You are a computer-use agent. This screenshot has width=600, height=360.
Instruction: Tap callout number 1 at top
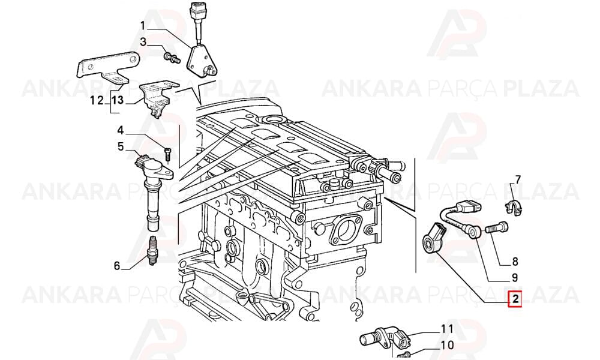point(143,26)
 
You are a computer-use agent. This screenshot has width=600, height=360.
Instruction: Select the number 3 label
point(143,42)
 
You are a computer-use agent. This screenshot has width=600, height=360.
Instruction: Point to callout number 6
point(117,265)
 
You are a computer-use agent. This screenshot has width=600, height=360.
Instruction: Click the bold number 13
point(118,100)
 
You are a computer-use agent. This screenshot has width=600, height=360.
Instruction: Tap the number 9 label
point(515,277)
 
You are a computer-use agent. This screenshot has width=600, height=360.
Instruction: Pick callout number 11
point(447,329)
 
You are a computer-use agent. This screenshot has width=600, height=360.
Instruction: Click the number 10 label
point(447,345)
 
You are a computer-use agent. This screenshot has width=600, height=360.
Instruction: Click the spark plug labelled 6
point(153,252)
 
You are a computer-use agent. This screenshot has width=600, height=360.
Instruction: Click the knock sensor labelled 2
point(433,236)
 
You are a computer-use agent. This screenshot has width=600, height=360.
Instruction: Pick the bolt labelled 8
point(497,228)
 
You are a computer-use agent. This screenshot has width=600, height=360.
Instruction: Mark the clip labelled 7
point(513,208)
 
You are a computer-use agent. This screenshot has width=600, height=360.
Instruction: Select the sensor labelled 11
point(386,338)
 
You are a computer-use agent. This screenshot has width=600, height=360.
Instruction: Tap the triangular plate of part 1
point(201,61)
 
